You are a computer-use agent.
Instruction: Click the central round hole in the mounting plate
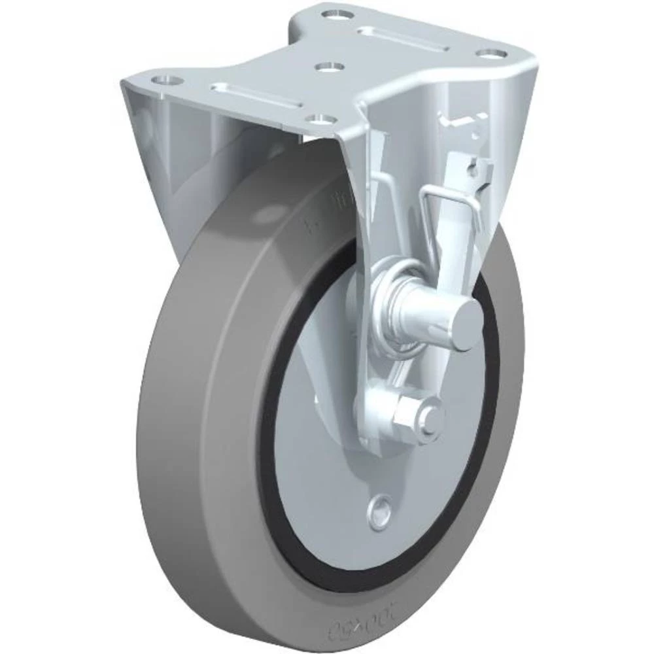pyautogui.click(x=328, y=67)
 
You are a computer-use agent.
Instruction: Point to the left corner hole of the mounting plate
pyautogui.click(x=167, y=80)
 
